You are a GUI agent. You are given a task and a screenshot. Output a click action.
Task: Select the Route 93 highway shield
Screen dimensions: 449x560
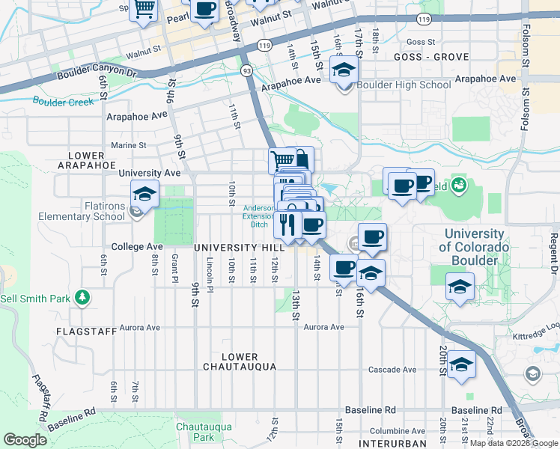coord(246,70)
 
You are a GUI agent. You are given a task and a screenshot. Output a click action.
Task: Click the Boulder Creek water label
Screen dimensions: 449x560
coord(59,101)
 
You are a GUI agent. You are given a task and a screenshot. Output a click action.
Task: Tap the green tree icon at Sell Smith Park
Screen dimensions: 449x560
coord(82,299)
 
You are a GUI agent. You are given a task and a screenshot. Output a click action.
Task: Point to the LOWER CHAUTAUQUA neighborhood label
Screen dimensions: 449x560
coord(240,361)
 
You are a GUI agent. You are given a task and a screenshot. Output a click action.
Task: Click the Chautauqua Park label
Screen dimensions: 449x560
coord(195,431)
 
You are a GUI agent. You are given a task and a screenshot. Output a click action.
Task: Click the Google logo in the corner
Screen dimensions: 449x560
coord(25,440)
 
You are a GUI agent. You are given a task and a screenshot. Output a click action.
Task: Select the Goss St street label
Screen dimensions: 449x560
coord(421,43)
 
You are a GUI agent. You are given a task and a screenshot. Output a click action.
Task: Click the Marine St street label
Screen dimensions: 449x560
coord(127,145)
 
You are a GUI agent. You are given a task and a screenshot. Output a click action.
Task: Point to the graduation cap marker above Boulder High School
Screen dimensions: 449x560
coord(344,70)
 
